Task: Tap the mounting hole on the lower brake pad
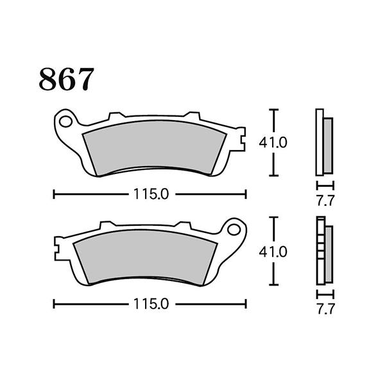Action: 235,229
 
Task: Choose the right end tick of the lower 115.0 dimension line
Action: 246,304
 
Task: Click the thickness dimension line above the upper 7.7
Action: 325,186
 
